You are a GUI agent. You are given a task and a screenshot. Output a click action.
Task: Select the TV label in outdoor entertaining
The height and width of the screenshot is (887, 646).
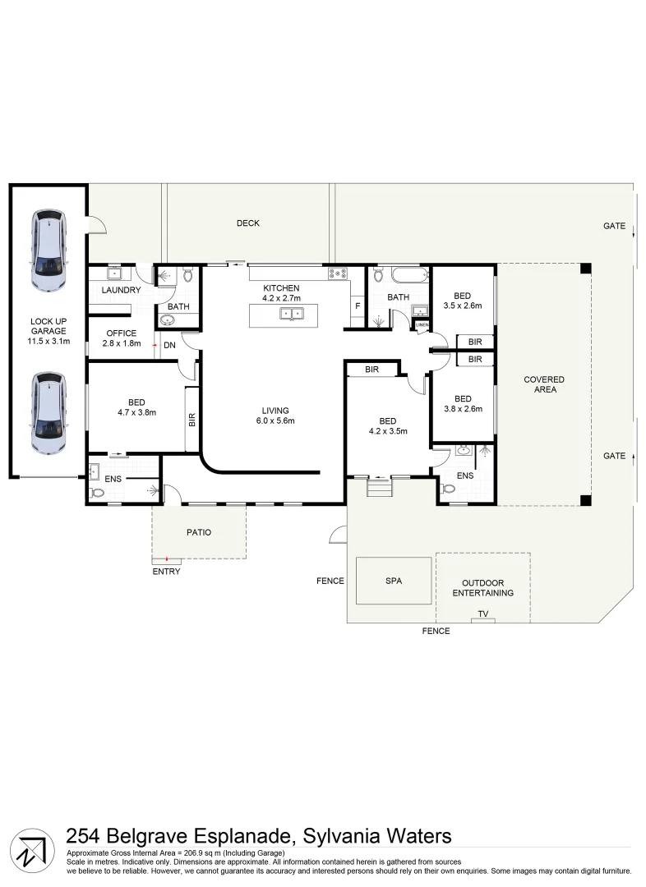click(x=483, y=614)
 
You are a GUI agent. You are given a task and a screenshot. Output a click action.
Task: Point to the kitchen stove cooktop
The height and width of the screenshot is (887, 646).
click(x=336, y=273)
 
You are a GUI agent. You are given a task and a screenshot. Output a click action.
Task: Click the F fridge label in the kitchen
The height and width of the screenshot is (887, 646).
click(x=357, y=306)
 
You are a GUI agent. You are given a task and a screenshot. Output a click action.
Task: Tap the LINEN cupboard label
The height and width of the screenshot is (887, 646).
click(x=422, y=325)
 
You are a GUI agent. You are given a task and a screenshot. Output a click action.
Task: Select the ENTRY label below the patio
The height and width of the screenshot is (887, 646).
click(x=166, y=572)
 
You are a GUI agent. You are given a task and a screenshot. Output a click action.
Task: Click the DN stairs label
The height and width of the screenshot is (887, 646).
click(x=169, y=346)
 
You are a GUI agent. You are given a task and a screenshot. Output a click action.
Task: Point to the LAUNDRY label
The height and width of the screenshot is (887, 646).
click(x=121, y=291)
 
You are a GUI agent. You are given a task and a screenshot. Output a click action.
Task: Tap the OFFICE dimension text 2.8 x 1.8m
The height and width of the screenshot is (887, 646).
click(x=121, y=344)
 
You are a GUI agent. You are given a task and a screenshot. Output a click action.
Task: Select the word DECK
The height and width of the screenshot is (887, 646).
click(x=247, y=223)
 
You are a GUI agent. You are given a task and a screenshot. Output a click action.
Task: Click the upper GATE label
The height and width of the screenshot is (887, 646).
click(x=614, y=226)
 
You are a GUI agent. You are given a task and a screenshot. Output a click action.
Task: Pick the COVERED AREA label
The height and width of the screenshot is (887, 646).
click(x=544, y=384)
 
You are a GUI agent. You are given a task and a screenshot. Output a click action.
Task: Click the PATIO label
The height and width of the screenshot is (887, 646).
click(x=198, y=532)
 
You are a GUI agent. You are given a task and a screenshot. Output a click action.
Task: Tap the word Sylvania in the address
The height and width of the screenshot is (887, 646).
click(x=337, y=836)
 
